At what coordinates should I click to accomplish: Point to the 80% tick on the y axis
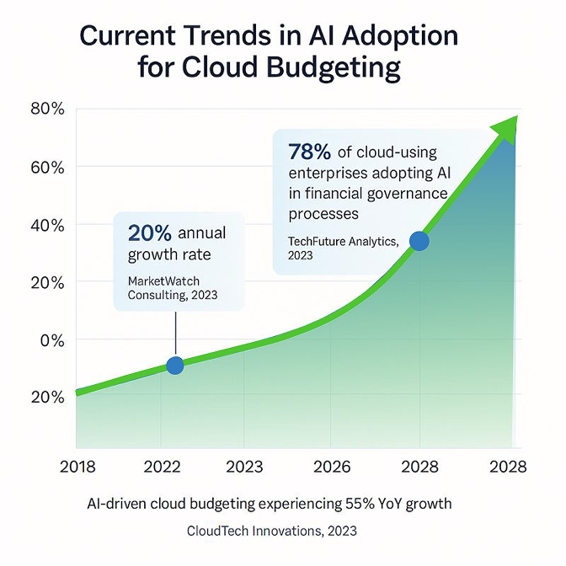[46, 109]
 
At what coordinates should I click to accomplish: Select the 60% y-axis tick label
[46, 167]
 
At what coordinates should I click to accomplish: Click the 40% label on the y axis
[46, 225]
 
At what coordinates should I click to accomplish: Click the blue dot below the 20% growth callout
[174, 366]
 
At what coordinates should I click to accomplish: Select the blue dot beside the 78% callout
[419, 242]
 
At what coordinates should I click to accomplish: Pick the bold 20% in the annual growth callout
[148, 233]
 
